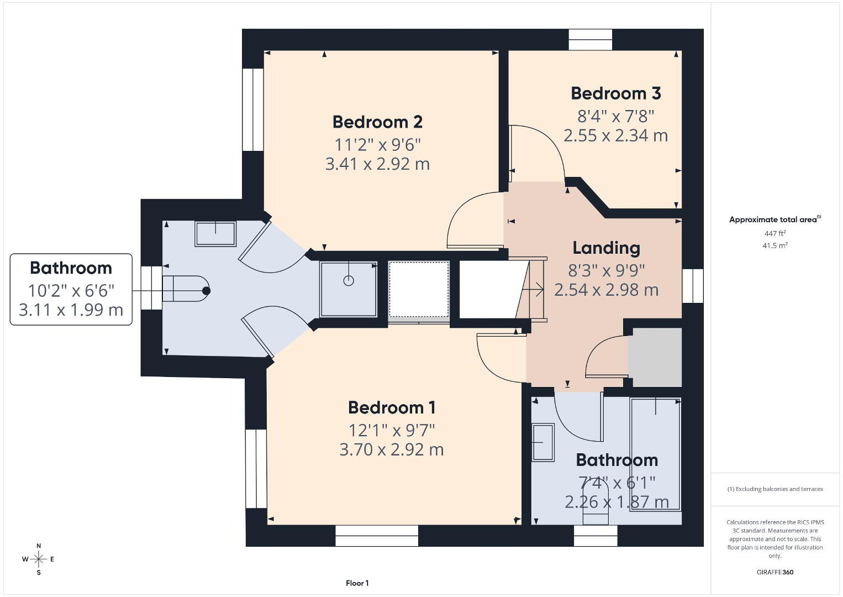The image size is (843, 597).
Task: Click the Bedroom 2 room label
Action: point(377,122)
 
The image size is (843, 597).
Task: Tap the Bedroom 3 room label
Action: point(616,93)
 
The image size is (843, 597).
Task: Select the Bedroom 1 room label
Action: point(392,407)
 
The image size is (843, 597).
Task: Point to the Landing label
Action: point(606,248)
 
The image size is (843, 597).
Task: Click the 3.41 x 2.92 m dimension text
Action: point(377,164)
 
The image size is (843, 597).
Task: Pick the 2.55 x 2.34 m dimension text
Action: point(616,135)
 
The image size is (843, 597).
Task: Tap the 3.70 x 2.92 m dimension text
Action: point(392,450)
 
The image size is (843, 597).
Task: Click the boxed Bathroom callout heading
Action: point(71,268)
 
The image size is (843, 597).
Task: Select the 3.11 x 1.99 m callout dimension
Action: point(71,310)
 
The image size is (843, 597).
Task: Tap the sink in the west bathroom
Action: point(215,233)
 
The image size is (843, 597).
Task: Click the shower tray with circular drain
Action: point(349,289)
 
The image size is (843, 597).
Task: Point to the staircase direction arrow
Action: point(533,290)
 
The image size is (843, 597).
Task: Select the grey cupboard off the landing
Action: point(655,357)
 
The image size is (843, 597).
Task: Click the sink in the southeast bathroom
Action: point(543,442)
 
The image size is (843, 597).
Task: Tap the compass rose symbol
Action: point(38,559)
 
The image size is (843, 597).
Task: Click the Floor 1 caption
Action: point(357,583)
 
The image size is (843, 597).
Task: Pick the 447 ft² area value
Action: point(775,233)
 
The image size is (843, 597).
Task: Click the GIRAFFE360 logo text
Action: point(775,572)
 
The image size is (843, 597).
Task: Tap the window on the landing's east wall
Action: point(693,286)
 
